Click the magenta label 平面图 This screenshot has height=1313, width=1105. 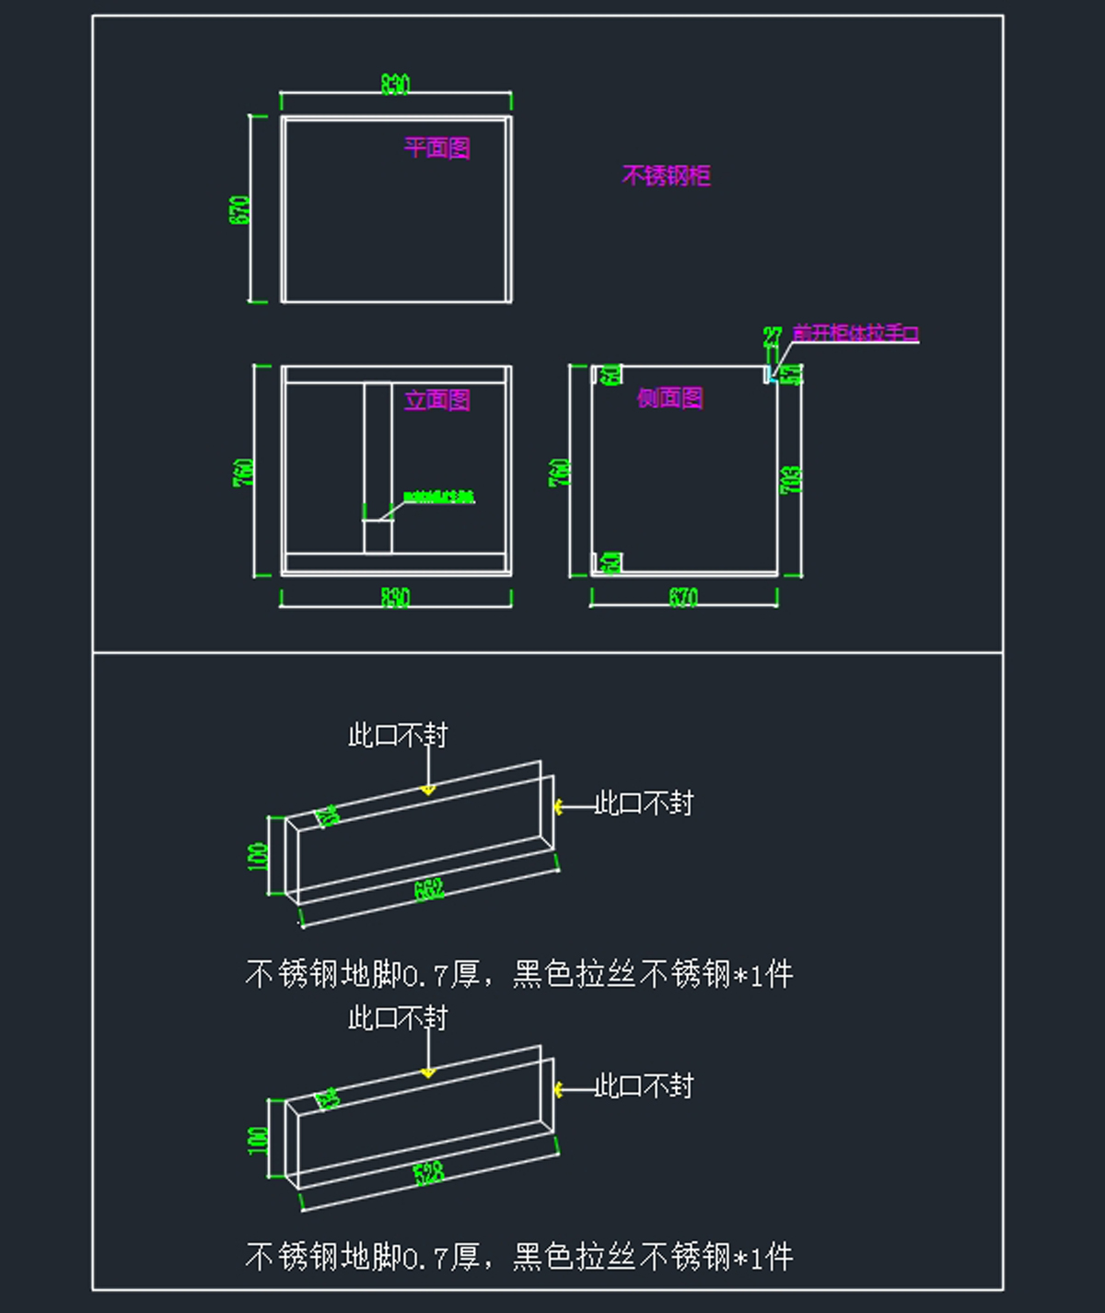[x=437, y=147]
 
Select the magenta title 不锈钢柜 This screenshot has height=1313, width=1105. [x=666, y=175]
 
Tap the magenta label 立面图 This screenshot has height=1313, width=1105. [x=437, y=399]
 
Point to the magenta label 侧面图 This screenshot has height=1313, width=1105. [x=670, y=397]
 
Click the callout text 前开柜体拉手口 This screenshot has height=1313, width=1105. [x=855, y=333]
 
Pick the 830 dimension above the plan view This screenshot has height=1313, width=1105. [x=395, y=85]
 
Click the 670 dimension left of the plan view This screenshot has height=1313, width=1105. [x=238, y=210]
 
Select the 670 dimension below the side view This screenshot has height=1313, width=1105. [x=682, y=597]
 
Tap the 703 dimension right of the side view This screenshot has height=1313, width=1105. [x=791, y=479]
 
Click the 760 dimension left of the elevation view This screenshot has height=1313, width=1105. [x=243, y=472]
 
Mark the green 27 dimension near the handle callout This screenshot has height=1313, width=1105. [x=772, y=336]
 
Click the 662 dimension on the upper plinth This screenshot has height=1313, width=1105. [x=429, y=889]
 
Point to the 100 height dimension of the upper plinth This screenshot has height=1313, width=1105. [x=258, y=856]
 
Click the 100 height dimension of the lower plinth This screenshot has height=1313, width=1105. [x=258, y=1140]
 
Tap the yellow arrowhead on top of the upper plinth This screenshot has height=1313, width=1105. [x=427, y=790]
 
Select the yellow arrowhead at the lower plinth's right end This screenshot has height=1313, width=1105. [x=558, y=1090]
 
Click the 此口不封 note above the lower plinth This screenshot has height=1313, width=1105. [x=398, y=1017]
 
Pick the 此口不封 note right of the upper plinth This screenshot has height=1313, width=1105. [x=644, y=803]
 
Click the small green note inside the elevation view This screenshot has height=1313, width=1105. [x=438, y=498]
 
